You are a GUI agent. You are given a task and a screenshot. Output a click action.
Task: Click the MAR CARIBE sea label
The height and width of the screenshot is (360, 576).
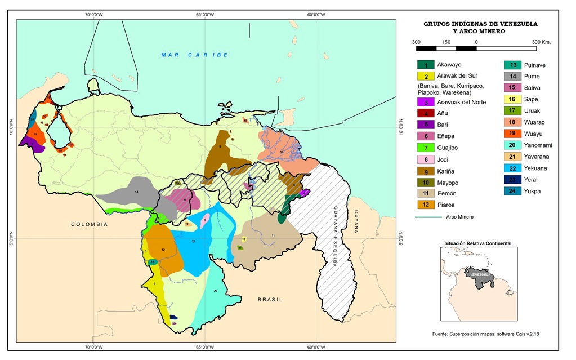coord(194,55)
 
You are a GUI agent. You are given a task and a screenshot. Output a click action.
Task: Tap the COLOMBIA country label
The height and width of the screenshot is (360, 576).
coord(89,224)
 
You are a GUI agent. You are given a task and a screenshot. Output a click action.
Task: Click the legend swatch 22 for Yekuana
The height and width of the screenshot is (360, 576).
coord(513,168)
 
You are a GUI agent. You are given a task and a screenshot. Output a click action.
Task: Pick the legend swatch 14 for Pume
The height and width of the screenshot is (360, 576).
coord(513,76)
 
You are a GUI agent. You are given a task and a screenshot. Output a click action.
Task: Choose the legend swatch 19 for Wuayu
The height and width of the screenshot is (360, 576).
coord(513,134)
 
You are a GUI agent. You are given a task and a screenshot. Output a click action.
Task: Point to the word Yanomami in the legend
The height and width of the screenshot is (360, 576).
coord(539,145)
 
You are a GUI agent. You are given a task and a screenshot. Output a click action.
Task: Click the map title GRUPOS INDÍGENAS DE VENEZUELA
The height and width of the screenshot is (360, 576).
coord(480,24)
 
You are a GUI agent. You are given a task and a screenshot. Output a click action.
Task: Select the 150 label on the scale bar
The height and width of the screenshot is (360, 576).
coord(446,42)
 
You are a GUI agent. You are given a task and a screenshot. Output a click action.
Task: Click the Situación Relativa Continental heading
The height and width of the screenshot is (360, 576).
coord(477,243)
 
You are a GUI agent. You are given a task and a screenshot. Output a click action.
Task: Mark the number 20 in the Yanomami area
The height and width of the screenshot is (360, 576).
coord(215,291)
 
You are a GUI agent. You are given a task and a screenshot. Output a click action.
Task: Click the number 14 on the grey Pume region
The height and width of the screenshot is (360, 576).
coord(136,192)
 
